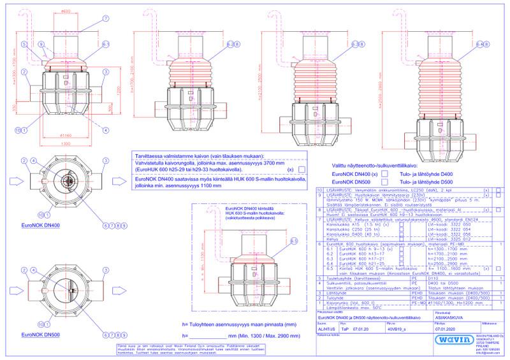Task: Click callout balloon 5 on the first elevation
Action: point(24,45)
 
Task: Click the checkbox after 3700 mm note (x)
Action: point(299,170)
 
